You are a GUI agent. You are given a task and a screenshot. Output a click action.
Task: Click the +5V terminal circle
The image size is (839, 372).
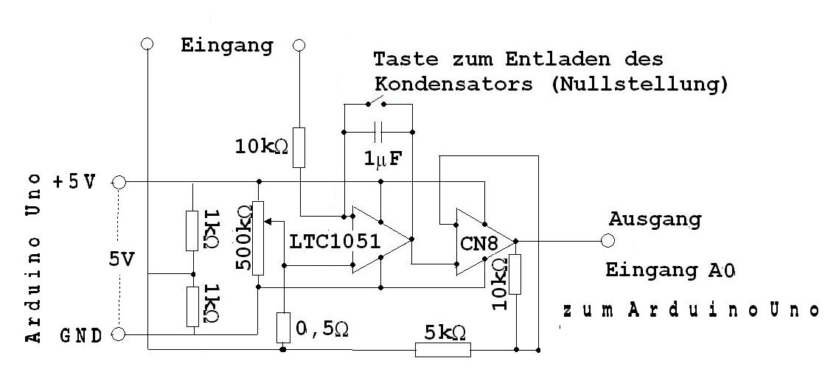(118, 181)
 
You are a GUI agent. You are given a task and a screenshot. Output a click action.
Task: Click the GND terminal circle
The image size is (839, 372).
(118, 334)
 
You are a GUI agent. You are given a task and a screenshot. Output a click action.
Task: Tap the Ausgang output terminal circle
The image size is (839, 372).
(608, 240)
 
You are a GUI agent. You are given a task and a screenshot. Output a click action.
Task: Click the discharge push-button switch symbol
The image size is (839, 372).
(377, 100)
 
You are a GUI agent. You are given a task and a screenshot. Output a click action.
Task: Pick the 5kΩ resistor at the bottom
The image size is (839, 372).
(442, 349)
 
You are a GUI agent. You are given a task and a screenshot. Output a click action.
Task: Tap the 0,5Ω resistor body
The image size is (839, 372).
(283, 327)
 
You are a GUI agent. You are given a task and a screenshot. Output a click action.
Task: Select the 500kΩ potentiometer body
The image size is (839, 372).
(258, 238)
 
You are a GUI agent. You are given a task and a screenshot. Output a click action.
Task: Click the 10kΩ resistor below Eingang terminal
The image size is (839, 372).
(299, 147)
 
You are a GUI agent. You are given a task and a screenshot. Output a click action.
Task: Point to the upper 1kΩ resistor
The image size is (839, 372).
(193, 230)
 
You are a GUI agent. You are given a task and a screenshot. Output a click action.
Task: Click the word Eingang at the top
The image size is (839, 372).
(226, 45)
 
